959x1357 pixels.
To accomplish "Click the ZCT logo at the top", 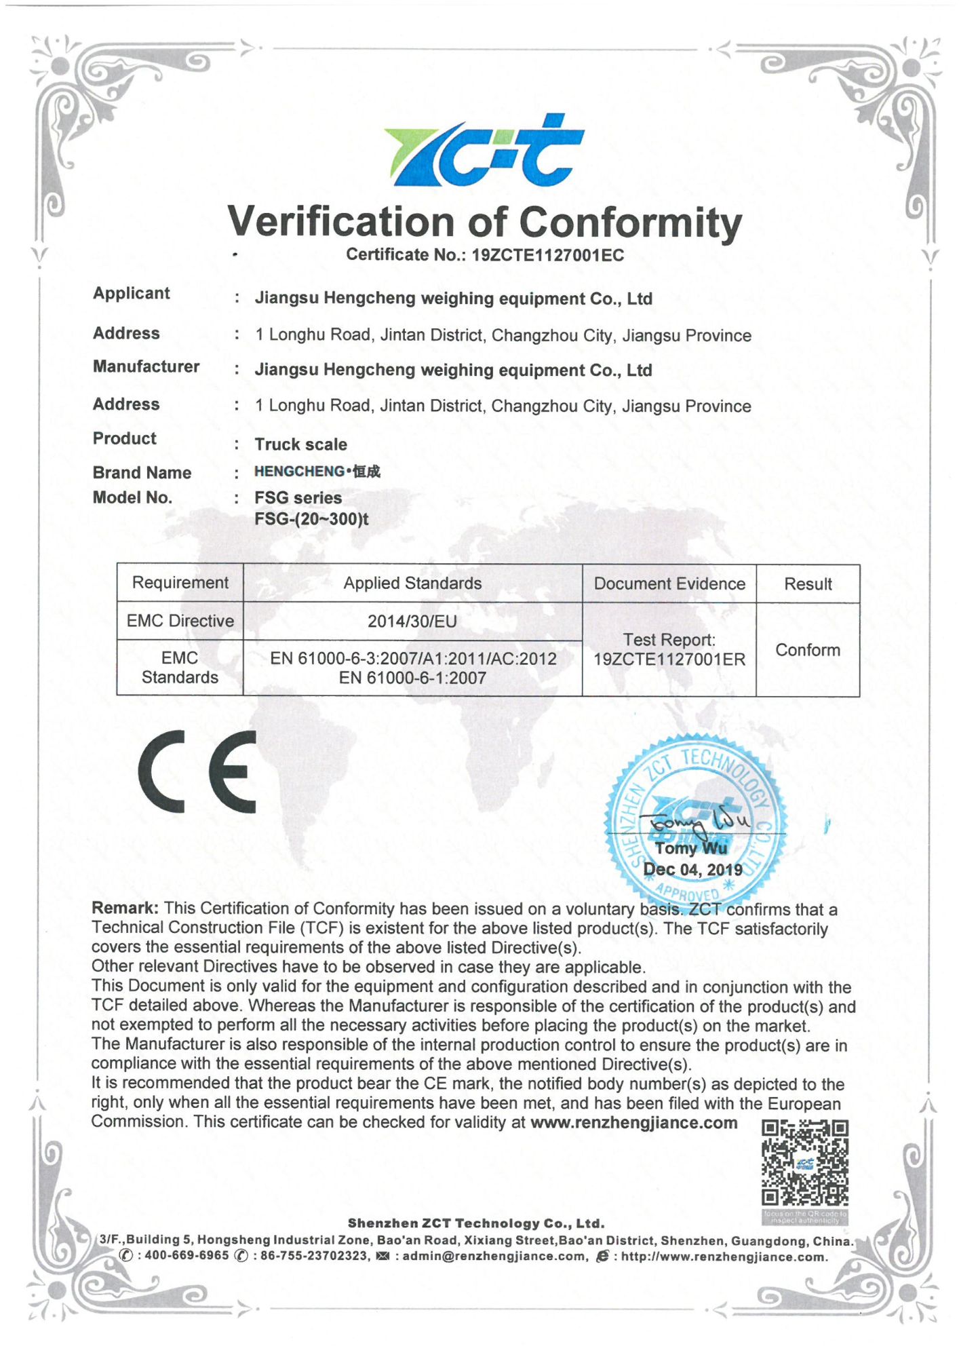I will click(484, 151).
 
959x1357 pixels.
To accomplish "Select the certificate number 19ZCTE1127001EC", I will click(547, 256).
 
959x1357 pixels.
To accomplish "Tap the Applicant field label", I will click(132, 294).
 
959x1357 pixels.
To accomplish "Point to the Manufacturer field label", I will click(146, 367).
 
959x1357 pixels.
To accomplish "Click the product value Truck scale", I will click(300, 444).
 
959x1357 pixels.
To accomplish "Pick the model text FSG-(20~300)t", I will click(311, 520).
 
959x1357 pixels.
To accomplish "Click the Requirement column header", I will click(180, 583).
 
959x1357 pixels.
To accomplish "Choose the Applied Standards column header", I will click(412, 584).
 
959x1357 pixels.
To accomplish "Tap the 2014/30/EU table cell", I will click(412, 622).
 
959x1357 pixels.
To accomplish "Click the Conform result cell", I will click(808, 650).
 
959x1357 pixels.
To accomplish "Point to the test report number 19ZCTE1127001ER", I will click(669, 660).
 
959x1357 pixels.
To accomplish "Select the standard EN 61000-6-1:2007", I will click(412, 678).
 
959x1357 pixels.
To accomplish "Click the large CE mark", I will click(197, 771).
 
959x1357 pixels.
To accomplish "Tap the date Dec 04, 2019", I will click(692, 870).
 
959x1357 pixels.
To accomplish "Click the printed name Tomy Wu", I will click(690, 849).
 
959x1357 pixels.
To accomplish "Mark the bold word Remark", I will click(125, 909).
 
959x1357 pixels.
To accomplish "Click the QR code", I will click(804, 1163).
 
